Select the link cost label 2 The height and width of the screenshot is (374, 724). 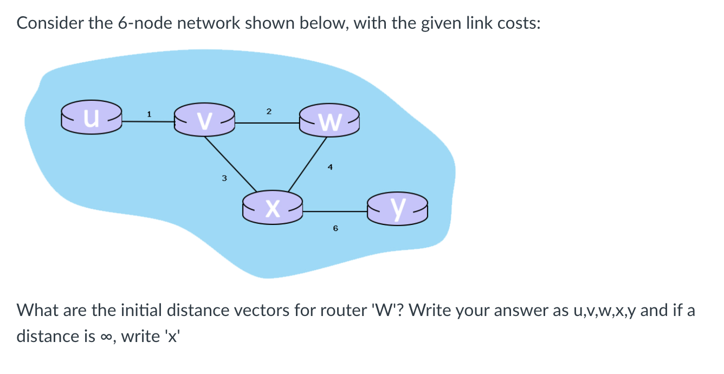point(268,111)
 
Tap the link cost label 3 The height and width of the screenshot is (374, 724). point(223,178)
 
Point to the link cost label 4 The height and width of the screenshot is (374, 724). point(329,167)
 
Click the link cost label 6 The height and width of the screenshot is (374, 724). point(335,229)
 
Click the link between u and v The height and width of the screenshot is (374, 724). point(147,122)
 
